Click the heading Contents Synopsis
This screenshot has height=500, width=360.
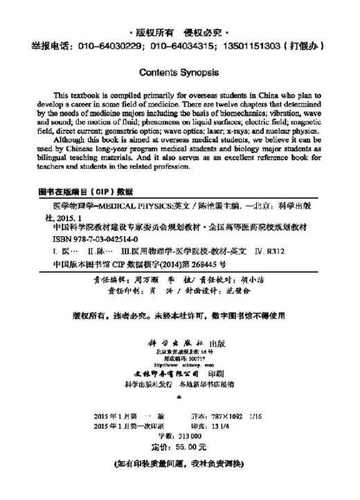click(x=179, y=71)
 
